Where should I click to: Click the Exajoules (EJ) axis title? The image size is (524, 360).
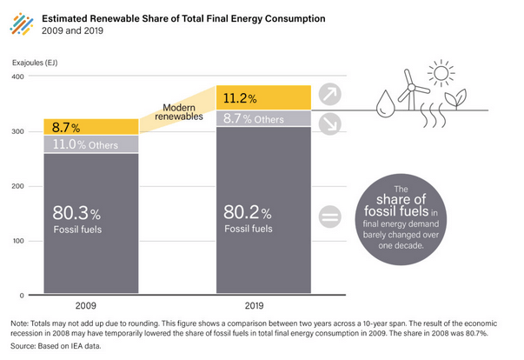coord(35,62)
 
